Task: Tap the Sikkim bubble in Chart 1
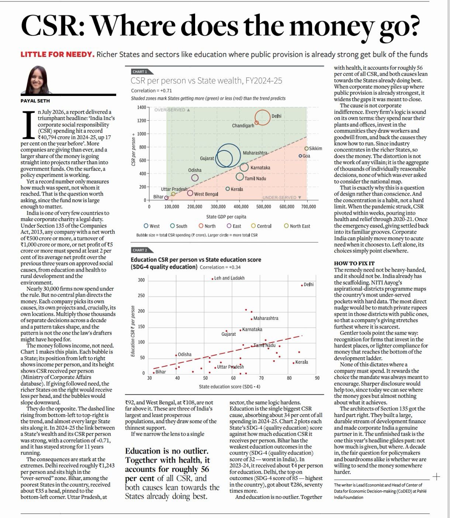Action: click(306, 149)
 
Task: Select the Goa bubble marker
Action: click(300, 156)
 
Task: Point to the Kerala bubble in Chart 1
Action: click(228, 189)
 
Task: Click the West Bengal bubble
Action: click(190, 193)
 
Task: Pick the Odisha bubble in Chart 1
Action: click(195, 178)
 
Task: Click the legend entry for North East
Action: click(297, 226)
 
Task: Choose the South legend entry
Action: click(179, 226)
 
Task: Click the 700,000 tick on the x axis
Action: click(308, 207)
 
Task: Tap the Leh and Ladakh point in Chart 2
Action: click(212, 279)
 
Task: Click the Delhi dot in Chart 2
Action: click(302, 285)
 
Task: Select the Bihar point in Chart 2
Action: click(154, 373)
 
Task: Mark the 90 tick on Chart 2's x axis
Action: click(317, 378)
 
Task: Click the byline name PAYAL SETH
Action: click(35, 101)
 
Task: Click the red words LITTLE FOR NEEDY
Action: click(58, 55)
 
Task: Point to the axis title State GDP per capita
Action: click(226, 217)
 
